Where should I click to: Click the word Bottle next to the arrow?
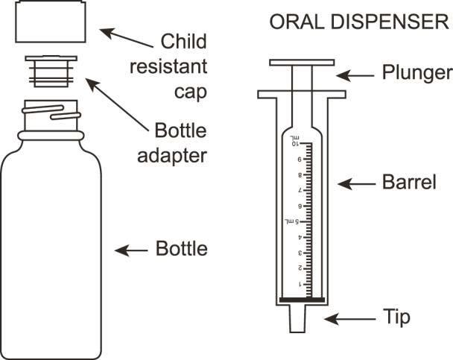tap(181, 248)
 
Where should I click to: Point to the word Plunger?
tap(417, 73)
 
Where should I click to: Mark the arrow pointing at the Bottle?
tap(133, 249)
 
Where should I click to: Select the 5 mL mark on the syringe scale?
tap(291, 221)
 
